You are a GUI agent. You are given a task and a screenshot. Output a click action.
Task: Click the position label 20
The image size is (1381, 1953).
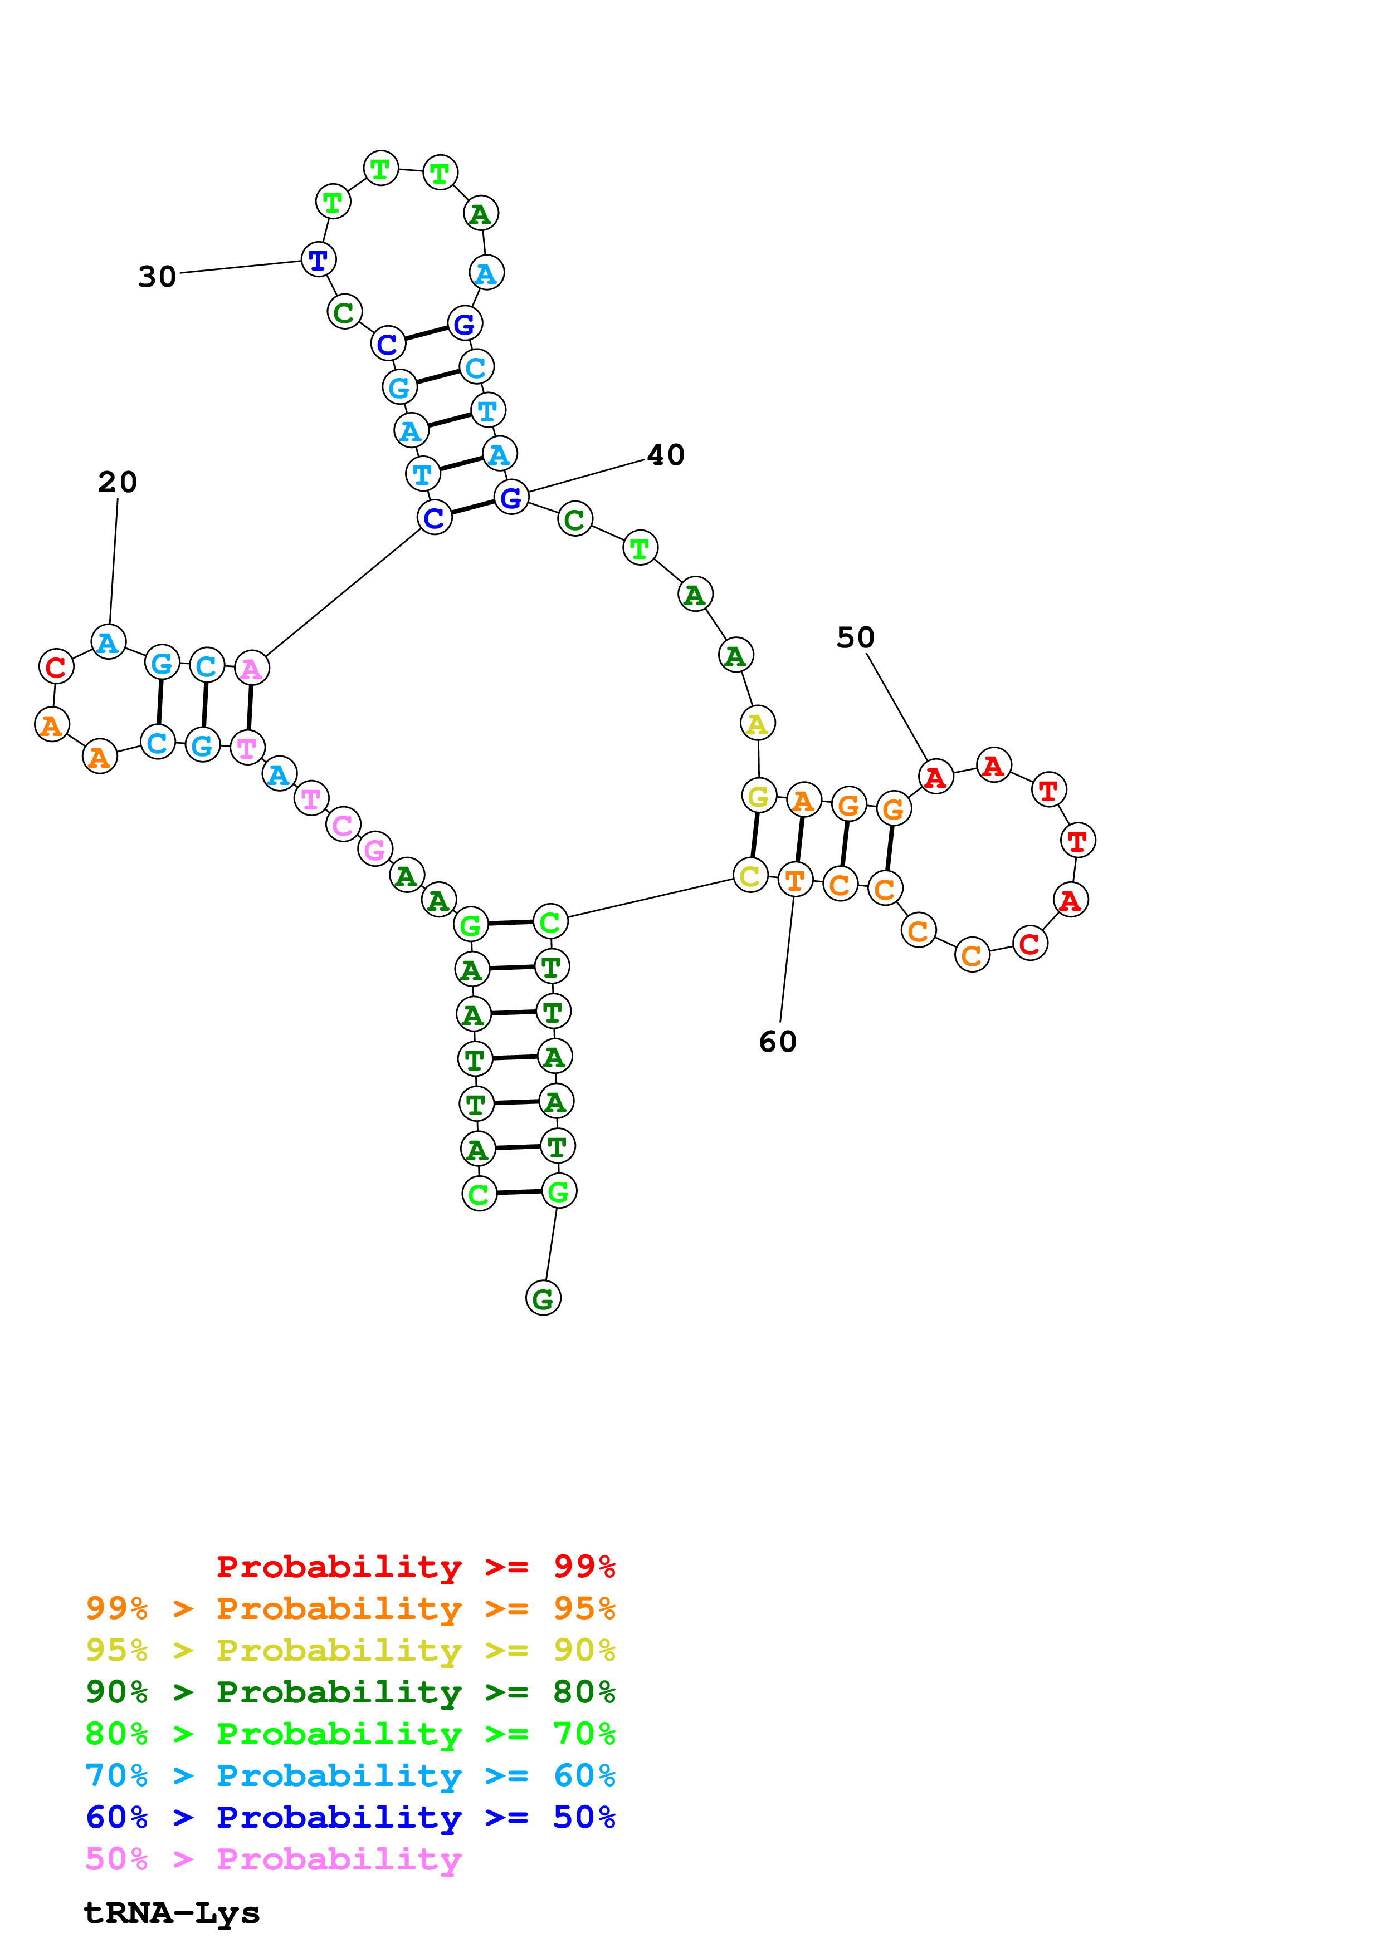[x=118, y=482]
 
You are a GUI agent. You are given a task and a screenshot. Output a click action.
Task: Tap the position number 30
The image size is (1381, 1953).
[x=158, y=277]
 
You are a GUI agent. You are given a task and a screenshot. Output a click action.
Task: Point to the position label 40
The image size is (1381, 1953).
[x=665, y=455]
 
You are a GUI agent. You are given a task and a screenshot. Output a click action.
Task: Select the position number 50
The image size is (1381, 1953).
[x=855, y=637]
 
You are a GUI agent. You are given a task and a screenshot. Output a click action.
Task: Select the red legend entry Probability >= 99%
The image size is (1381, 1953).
[x=415, y=1566]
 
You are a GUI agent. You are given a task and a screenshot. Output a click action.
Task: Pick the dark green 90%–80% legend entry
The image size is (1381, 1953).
[x=350, y=1692]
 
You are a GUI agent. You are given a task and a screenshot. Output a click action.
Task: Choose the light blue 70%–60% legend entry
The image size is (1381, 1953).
[x=350, y=1775]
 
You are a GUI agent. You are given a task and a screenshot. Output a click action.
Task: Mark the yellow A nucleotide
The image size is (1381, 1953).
[x=757, y=723]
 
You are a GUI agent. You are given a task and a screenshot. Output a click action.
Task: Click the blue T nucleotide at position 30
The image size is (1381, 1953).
[x=318, y=259]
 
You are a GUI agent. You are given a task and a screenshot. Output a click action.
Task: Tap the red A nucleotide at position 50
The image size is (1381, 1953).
[x=935, y=777]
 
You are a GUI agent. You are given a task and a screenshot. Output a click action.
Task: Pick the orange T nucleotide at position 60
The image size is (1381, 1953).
[x=795, y=880]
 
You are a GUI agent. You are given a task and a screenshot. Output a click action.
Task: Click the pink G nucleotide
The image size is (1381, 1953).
[x=374, y=849]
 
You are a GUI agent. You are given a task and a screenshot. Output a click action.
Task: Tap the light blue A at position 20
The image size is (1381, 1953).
[x=108, y=642]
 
